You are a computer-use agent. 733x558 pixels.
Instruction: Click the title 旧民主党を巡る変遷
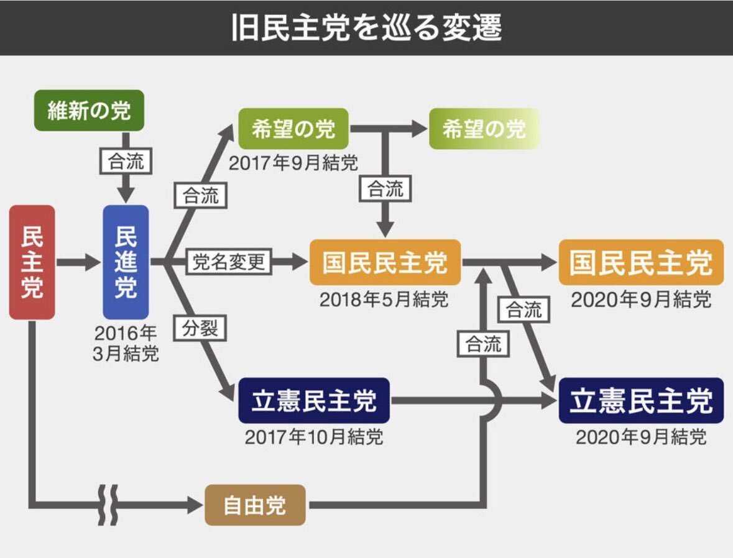[x=366, y=27]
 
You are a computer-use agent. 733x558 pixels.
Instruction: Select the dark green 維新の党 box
[x=90, y=111]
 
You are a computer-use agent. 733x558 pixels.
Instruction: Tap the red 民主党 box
[x=32, y=262]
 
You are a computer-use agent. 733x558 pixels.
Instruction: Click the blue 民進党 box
[x=126, y=262]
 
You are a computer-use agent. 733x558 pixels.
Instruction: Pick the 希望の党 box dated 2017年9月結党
[x=293, y=129]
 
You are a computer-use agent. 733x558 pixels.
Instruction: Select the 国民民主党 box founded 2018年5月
[x=385, y=262]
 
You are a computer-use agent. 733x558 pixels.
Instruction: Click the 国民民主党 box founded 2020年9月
[x=641, y=262]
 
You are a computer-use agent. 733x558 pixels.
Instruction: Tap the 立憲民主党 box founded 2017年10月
[x=314, y=401]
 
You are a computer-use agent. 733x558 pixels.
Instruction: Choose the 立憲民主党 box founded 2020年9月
[x=641, y=401]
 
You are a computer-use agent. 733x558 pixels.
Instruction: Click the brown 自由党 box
[x=255, y=505]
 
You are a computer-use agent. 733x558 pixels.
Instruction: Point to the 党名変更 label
[x=229, y=262]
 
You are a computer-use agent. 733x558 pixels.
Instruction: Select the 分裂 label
[x=201, y=328]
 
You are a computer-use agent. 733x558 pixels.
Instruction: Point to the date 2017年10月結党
[x=314, y=437]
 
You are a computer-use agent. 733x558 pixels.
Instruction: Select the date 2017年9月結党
[x=293, y=163]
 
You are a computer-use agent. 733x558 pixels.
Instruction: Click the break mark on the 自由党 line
[x=107, y=504]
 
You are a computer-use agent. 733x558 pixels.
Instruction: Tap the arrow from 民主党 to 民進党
[x=78, y=262]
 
